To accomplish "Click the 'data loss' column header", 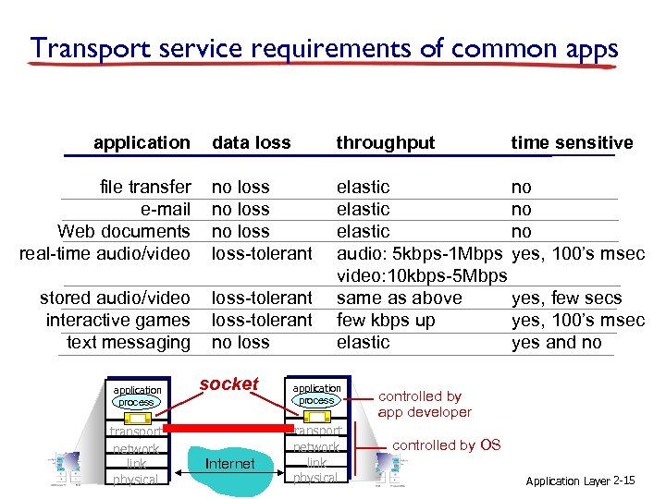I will (252, 142).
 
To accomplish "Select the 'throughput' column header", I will (385, 142).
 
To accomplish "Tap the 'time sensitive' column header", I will (572, 142).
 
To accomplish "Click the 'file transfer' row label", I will (145, 187).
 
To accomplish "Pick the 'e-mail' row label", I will (166, 209).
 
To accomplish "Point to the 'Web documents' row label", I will (124, 231).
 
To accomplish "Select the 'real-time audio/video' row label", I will (105, 253).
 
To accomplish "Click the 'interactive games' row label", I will (118, 320).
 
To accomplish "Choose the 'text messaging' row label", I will (129, 342).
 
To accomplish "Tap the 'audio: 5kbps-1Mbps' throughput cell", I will (420, 253).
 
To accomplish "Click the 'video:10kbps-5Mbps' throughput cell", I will (422, 275).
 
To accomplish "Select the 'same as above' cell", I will (398, 298).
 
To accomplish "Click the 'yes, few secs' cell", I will (566, 298).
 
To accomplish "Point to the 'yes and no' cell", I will (557, 342).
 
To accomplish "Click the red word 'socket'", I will (228, 384).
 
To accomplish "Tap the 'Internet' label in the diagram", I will (229, 463).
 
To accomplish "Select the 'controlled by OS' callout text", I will (447, 444).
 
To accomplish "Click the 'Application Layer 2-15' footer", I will (580, 481).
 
